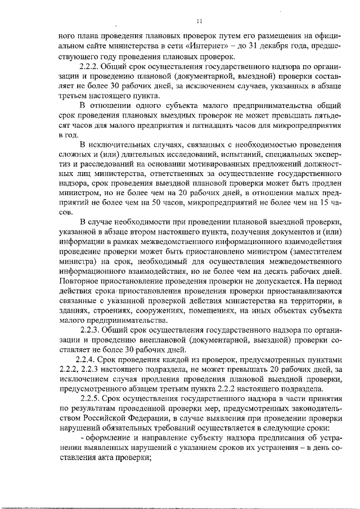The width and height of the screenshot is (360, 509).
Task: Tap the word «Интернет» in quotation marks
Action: point(237,47)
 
